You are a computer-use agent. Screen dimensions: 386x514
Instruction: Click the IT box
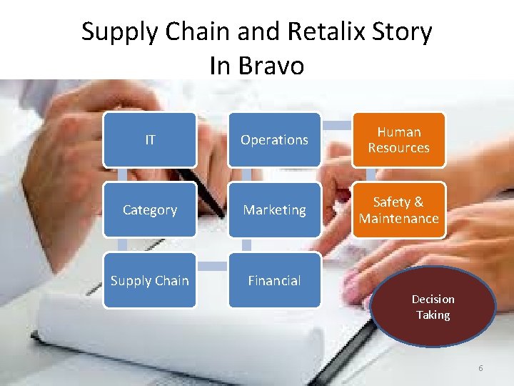(x=149, y=140)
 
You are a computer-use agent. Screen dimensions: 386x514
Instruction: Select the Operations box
(x=274, y=140)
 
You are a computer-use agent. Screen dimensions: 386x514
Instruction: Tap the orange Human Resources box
(x=398, y=140)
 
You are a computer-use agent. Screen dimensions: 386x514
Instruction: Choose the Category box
(x=149, y=210)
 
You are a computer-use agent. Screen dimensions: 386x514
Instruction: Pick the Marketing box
(x=274, y=210)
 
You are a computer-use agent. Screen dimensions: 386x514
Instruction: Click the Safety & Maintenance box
(x=398, y=210)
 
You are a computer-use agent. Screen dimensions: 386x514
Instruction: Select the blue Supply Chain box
(x=149, y=281)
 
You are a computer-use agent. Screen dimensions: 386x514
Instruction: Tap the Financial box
(x=274, y=281)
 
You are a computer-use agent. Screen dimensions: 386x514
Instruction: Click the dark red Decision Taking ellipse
(x=433, y=307)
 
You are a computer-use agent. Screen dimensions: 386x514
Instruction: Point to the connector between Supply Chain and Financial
(x=212, y=267)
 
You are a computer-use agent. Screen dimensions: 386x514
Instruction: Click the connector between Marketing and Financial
(x=247, y=245)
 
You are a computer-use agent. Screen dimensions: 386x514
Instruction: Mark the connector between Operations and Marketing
(x=247, y=175)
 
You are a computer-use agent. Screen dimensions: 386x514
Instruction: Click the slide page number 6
(x=480, y=368)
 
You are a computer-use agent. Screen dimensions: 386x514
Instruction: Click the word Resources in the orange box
(x=398, y=148)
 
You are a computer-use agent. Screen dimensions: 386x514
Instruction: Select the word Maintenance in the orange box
(x=398, y=218)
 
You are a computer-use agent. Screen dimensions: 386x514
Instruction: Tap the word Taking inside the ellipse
(x=433, y=315)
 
